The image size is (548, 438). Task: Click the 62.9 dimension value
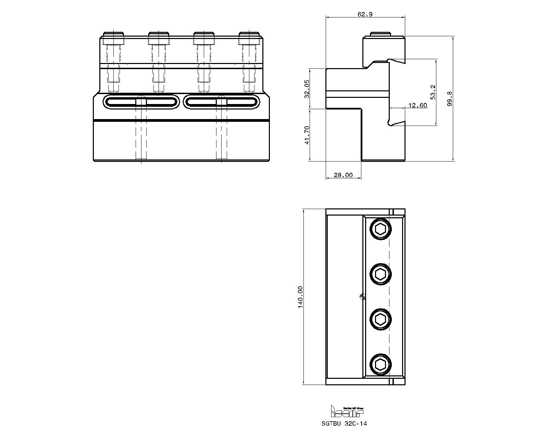pos(365,14)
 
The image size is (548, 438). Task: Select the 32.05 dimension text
pos(307,89)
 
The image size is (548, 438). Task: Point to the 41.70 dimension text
pos(307,135)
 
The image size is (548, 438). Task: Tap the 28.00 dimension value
pos(343,175)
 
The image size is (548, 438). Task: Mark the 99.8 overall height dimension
pos(450,99)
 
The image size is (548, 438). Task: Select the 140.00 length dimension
pos(300,297)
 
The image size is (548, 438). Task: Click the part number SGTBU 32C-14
pos(344,424)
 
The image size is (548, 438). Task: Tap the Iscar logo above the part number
pos(346,411)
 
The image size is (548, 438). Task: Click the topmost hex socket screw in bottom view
pos(381,229)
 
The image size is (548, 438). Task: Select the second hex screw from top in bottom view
pos(381,274)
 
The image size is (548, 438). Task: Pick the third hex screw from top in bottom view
pos(381,320)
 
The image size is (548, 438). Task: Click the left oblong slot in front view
pos(141,102)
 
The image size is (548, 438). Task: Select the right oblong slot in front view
pos(222,102)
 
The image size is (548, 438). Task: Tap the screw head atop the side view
pos(383,35)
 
